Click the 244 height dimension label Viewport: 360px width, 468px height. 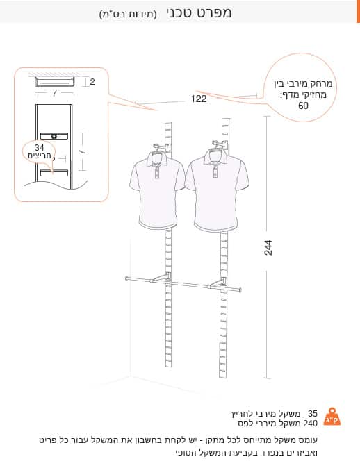click(x=268, y=247)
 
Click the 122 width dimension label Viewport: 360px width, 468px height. click(x=199, y=99)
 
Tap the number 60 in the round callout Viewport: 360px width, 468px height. click(x=303, y=106)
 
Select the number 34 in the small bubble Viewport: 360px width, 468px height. click(x=39, y=147)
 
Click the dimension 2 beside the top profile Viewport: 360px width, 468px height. click(x=92, y=82)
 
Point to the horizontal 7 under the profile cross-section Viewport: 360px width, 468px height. click(x=54, y=94)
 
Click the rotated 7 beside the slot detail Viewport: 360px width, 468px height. click(x=83, y=151)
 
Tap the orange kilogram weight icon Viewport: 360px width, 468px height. click(x=332, y=417)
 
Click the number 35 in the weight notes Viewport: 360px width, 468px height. click(x=313, y=413)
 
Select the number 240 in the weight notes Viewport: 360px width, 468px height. click(x=310, y=424)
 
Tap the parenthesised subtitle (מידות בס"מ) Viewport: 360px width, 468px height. click(x=128, y=15)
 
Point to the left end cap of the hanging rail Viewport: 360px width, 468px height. click(x=127, y=278)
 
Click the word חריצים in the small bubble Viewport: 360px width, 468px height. click(x=40, y=156)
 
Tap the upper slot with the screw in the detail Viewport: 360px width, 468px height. click(x=54, y=136)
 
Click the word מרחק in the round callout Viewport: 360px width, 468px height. click(x=322, y=83)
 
